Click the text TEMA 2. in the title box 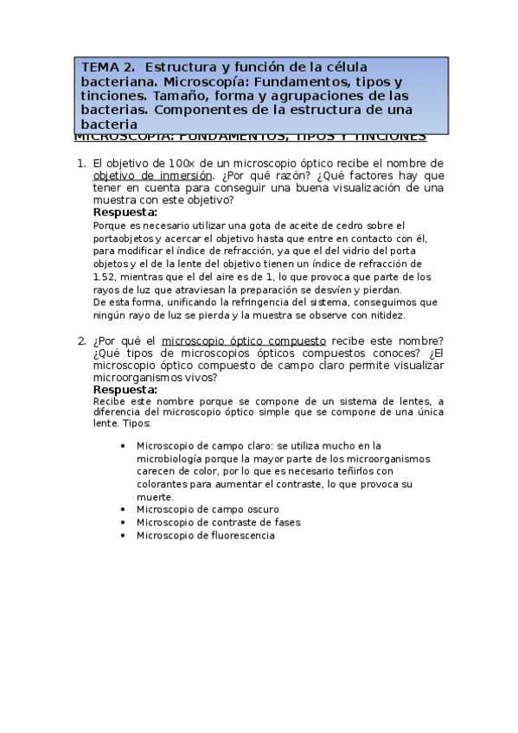[108, 67]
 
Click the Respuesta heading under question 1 [125, 212]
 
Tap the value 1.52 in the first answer [105, 277]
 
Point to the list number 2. [80, 341]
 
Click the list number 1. [80, 163]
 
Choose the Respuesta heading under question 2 [125, 389]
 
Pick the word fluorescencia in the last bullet [240, 535]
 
